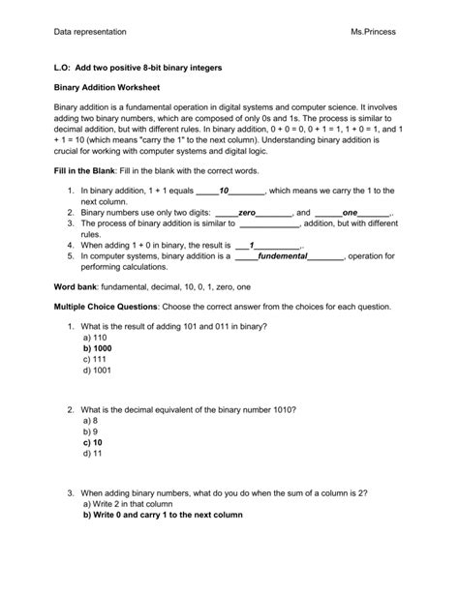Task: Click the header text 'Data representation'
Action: (90, 32)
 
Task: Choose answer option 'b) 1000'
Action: (98, 347)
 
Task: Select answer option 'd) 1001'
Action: (97, 370)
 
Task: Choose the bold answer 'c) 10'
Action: (94, 441)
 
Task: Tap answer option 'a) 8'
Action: (91, 421)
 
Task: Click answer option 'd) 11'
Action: (93, 453)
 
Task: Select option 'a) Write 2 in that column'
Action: (128, 504)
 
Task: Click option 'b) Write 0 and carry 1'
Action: (163, 516)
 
